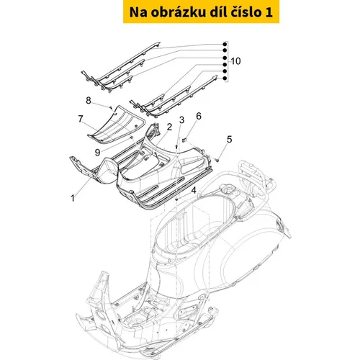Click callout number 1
(73, 198)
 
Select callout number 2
(169, 127)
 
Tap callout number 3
(181, 120)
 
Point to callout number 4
(194, 191)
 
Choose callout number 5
(230, 139)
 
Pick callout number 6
(199, 116)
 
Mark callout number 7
(81, 119)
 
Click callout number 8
(89, 100)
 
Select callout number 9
(97, 153)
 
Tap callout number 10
(235, 61)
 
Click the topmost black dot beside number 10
(225, 44)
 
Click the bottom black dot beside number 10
(225, 78)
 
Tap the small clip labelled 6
(184, 140)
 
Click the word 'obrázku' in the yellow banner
(179, 12)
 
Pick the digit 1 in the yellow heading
(269, 12)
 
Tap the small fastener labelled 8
(111, 107)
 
